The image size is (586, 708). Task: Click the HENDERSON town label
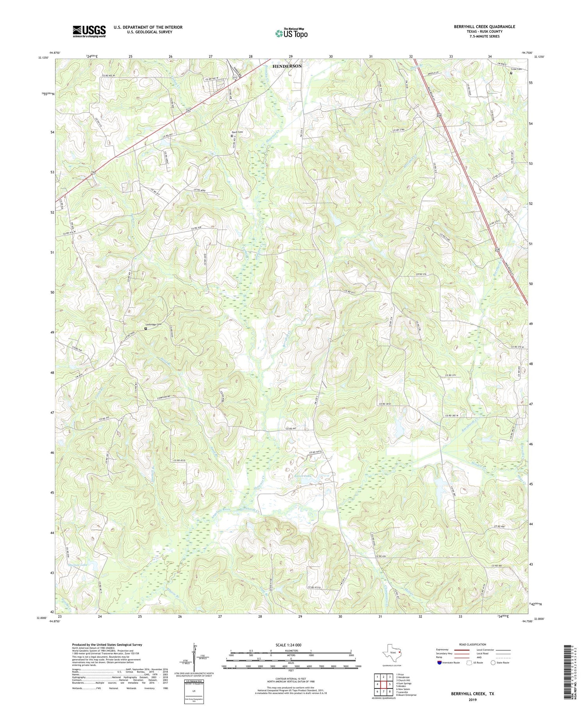[287, 66]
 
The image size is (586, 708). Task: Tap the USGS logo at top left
[89, 31]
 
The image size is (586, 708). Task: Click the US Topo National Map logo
[291, 34]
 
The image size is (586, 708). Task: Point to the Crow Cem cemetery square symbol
[511, 73]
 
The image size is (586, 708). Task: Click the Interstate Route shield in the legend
[439, 662]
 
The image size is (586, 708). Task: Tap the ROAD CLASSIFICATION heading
[472, 644]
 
